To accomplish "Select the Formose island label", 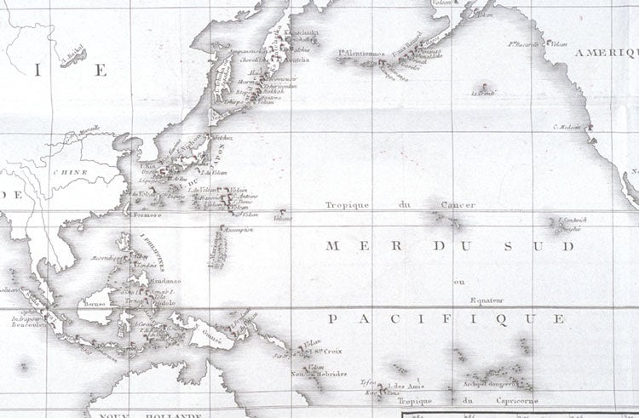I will pos(147,215).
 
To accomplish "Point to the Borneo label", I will pos(95,303).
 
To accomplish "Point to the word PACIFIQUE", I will pos(446,319).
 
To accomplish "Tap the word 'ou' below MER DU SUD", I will pos(460,282).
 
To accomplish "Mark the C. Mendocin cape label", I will pos(566,128).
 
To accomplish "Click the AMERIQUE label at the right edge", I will pos(607,53).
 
